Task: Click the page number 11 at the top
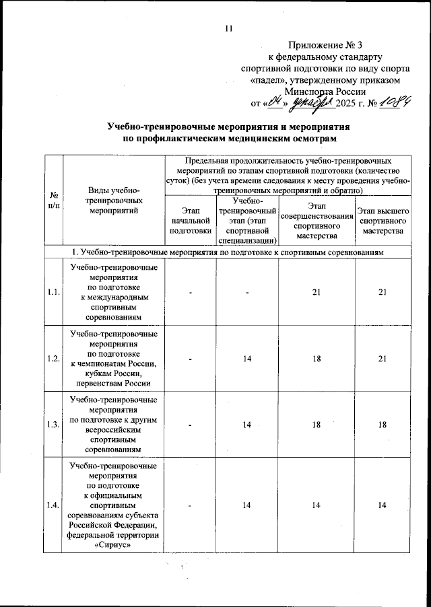(228, 28)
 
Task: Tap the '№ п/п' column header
(53, 200)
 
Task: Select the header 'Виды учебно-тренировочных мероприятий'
(113, 201)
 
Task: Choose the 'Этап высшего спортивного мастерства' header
(383, 221)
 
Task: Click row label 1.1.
(53, 292)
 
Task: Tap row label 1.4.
(53, 505)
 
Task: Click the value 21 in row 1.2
(383, 359)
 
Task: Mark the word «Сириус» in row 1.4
(113, 546)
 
